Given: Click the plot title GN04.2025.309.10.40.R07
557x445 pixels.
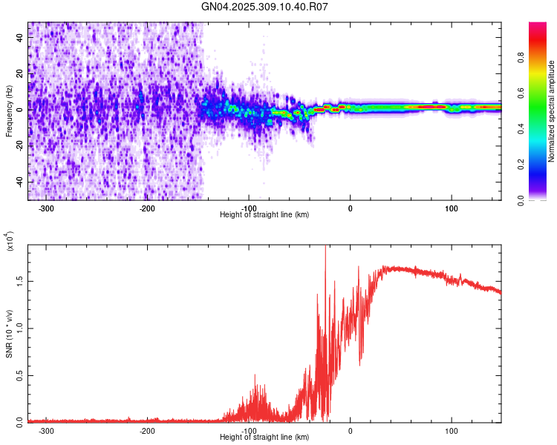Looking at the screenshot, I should [264, 7].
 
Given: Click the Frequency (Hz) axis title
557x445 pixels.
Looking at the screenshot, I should [9, 111].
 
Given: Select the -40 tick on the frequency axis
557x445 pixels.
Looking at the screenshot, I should [19, 182].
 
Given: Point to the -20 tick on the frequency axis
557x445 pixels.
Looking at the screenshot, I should [19, 145].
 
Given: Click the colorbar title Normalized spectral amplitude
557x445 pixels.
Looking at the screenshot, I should [552, 111].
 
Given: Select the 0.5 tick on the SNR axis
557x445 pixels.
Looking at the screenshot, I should [20, 375].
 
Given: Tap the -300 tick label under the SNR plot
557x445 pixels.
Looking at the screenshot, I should [45, 430].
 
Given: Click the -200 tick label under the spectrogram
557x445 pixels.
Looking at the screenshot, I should [147, 208].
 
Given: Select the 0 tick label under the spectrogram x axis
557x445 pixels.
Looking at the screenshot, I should [351, 208].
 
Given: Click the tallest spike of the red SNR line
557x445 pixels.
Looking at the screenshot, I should [325, 248].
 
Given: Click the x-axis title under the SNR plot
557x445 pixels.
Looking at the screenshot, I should [264, 438].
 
